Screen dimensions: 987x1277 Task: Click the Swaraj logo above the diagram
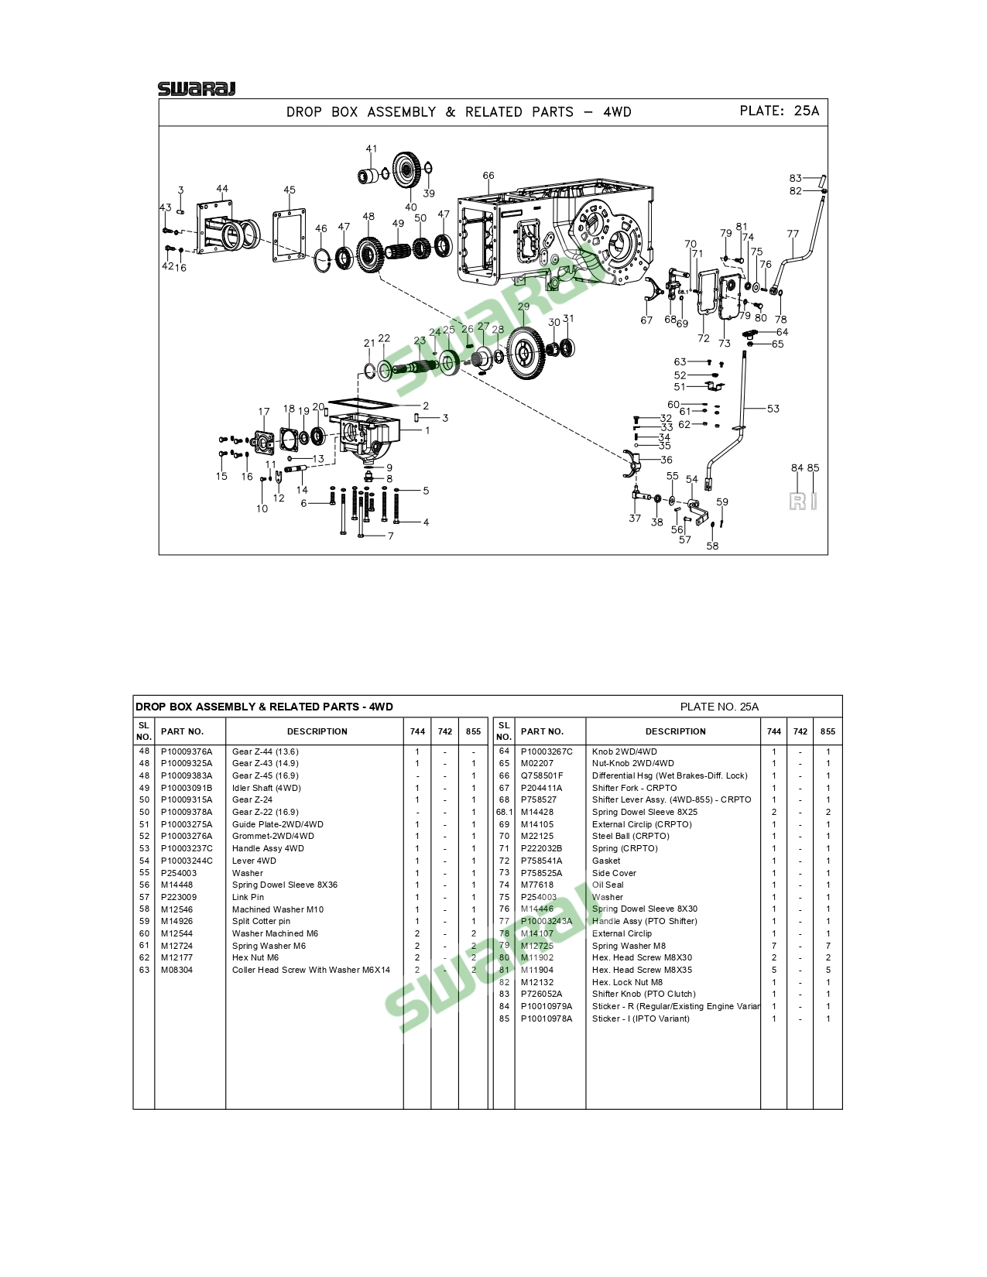(197, 89)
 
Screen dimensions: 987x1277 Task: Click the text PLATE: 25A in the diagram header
(779, 111)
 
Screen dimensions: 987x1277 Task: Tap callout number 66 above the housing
(488, 175)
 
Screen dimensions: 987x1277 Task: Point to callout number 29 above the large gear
(523, 306)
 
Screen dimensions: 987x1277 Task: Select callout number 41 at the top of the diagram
(371, 149)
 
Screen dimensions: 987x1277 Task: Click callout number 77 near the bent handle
(793, 234)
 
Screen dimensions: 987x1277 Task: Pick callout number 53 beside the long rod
(773, 409)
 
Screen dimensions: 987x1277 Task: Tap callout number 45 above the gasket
(290, 190)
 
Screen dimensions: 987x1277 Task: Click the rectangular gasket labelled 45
(290, 235)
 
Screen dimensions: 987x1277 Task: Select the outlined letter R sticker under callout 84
(797, 502)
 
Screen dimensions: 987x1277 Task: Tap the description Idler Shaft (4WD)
(266, 788)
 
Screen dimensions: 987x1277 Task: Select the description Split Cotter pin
(261, 922)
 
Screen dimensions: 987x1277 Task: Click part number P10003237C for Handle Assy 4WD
(187, 848)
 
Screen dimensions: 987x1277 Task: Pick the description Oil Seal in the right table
(608, 885)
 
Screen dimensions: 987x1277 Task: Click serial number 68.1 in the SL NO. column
(505, 812)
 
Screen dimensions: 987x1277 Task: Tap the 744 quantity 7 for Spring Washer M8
(774, 947)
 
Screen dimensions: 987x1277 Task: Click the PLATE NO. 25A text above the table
(719, 707)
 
